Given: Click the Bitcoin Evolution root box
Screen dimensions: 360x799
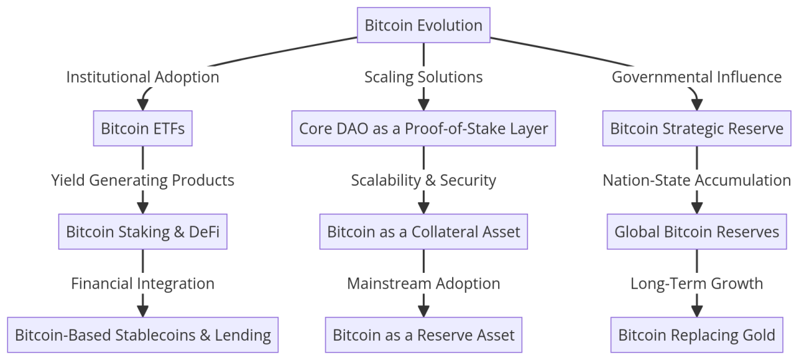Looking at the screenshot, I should pos(423,25).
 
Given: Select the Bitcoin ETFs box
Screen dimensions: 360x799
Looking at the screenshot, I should pos(142,128).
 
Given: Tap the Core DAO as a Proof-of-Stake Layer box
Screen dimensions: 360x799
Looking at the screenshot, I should pos(423,128).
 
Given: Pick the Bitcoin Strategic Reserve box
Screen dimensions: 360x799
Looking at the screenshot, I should pos(696,128).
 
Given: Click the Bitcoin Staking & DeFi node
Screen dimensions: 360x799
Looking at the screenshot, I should pos(142,232).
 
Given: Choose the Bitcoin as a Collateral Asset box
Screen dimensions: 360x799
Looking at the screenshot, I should pos(423,232).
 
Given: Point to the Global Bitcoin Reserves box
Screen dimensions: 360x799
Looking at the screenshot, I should pos(696,232).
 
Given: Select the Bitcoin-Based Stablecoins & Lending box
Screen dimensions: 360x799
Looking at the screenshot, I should pos(142,335).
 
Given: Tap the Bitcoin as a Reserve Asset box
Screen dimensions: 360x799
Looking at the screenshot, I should pos(423,335).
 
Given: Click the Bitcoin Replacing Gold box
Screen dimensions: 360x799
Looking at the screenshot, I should pos(696,335).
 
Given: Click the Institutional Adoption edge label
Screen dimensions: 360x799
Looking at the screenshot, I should pos(142,77).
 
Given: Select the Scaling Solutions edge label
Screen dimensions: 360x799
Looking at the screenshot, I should pos(423,77).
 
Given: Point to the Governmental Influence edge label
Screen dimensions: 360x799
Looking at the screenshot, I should pos(696,77).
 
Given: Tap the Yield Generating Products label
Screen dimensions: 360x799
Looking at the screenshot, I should pos(142,180).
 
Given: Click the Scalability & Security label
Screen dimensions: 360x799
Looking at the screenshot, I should pos(423,180).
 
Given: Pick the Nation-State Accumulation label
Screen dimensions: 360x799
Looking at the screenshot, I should pos(696,180).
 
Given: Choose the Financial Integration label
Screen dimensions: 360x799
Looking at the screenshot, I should pos(142,283).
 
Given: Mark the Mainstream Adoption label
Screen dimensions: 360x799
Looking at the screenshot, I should pos(423,283).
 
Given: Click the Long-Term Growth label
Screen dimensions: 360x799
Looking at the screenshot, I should pos(696,283).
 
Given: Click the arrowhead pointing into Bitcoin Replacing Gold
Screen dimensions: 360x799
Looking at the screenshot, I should pos(696,311).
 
